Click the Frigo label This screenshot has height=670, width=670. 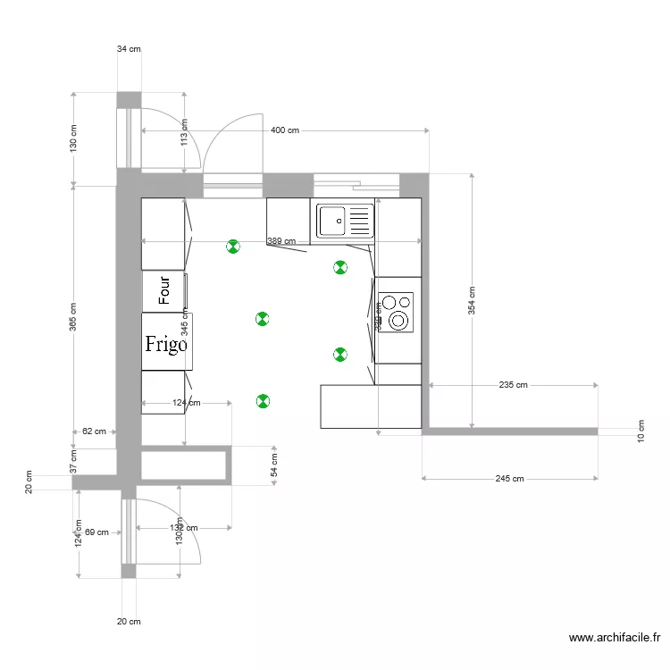pos(167,343)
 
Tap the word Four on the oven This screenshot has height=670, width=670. pos(164,291)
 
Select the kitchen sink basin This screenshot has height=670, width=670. pos(332,221)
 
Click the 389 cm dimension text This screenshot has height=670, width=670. pos(281,241)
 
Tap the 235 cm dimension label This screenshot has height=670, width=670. pos(513,385)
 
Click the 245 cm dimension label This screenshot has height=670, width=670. pos(509,479)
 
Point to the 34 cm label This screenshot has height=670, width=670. pos(129,49)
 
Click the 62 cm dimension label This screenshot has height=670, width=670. pos(94,431)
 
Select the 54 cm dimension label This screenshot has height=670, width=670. pos(274,465)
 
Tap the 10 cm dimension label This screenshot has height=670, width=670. pos(641,431)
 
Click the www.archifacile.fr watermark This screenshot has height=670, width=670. pos(615,638)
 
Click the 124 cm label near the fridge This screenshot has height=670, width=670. pos(186,403)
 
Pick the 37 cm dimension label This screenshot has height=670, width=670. pos(74,461)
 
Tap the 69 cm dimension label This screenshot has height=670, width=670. pos(96,532)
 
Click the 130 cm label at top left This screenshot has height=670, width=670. pos(74,138)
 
